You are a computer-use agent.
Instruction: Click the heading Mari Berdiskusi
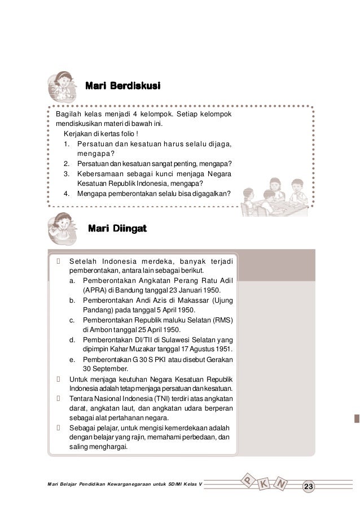[122, 86]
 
